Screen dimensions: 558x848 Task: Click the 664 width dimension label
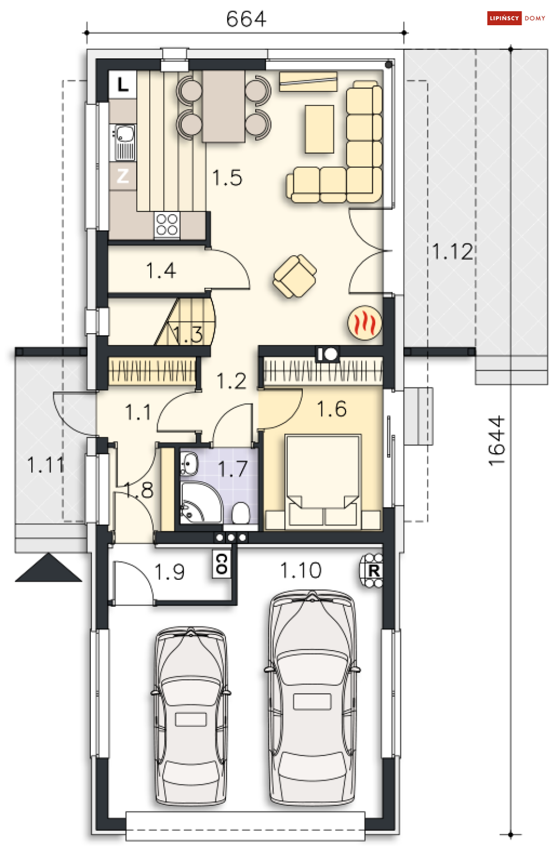[246, 19]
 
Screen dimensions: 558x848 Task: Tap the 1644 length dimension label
[497, 441]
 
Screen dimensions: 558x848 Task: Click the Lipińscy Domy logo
[517, 18]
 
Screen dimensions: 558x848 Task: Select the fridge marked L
[123, 85]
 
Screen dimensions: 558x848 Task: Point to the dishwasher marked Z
[123, 176]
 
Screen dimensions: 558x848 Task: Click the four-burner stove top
[167, 225]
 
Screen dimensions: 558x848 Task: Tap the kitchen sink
[123, 142]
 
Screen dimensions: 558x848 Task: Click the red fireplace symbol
[365, 322]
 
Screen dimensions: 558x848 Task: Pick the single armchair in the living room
[295, 276]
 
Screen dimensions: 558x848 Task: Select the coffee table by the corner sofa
[320, 129]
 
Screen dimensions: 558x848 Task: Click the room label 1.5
[227, 178]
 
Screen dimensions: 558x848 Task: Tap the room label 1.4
[161, 271]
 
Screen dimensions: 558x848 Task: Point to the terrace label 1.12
[453, 251]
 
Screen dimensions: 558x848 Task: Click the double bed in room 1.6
[322, 481]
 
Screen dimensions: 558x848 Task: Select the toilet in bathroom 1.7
[241, 513]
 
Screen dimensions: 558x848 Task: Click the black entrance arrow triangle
[48, 567]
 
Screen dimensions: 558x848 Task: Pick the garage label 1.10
[301, 570]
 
